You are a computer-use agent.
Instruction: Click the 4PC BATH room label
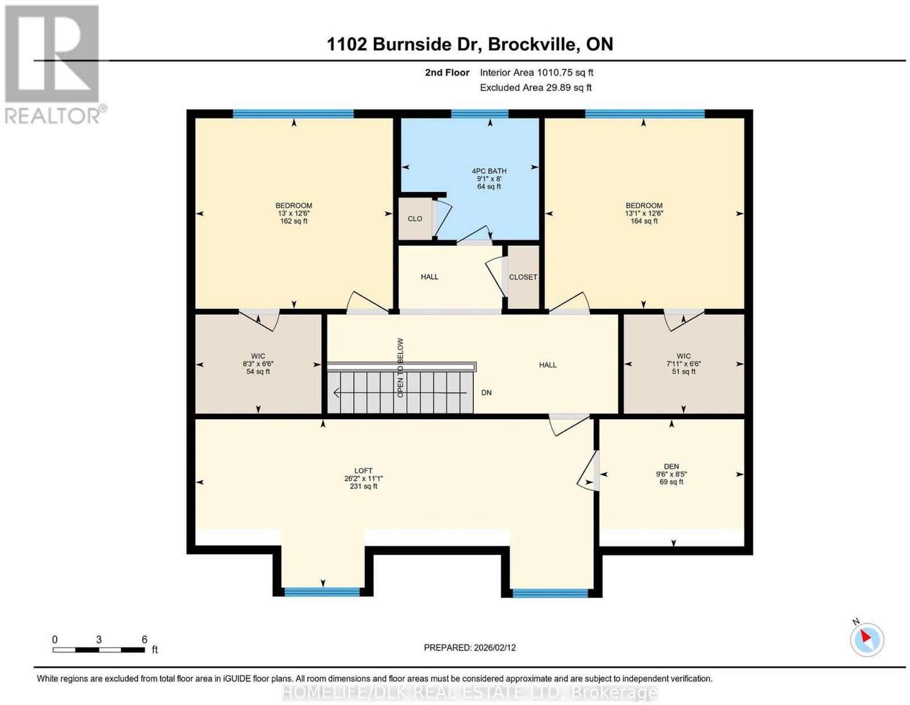click(489, 171)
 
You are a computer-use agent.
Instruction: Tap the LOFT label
click(363, 471)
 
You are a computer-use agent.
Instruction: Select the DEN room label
click(671, 466)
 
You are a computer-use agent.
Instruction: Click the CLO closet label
click(415, 218)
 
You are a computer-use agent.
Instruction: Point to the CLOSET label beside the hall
click(523, 277)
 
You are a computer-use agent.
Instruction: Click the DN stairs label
click(486, 393)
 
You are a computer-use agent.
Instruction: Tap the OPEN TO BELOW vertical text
click(400, 368)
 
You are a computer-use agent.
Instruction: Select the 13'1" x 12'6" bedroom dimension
click(644, 213)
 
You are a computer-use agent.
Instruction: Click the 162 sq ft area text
click(293, 221)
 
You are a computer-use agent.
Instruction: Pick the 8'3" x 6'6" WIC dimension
click(258, 364)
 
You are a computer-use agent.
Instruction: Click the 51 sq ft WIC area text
click(684, 371)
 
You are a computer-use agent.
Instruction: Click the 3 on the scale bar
click(99, 640)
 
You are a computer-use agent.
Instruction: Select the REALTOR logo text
click(53, 116)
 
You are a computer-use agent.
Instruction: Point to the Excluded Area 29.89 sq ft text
click(536, 88)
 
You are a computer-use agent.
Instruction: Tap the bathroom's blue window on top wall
click(479, 114)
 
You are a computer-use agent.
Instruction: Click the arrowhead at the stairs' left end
click(336, 393)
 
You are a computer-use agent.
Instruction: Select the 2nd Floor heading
click(447, 72)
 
